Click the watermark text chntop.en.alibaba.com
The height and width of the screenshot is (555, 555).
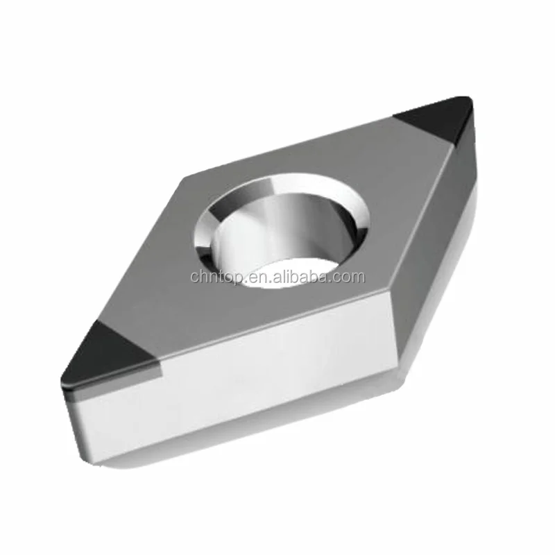277,277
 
